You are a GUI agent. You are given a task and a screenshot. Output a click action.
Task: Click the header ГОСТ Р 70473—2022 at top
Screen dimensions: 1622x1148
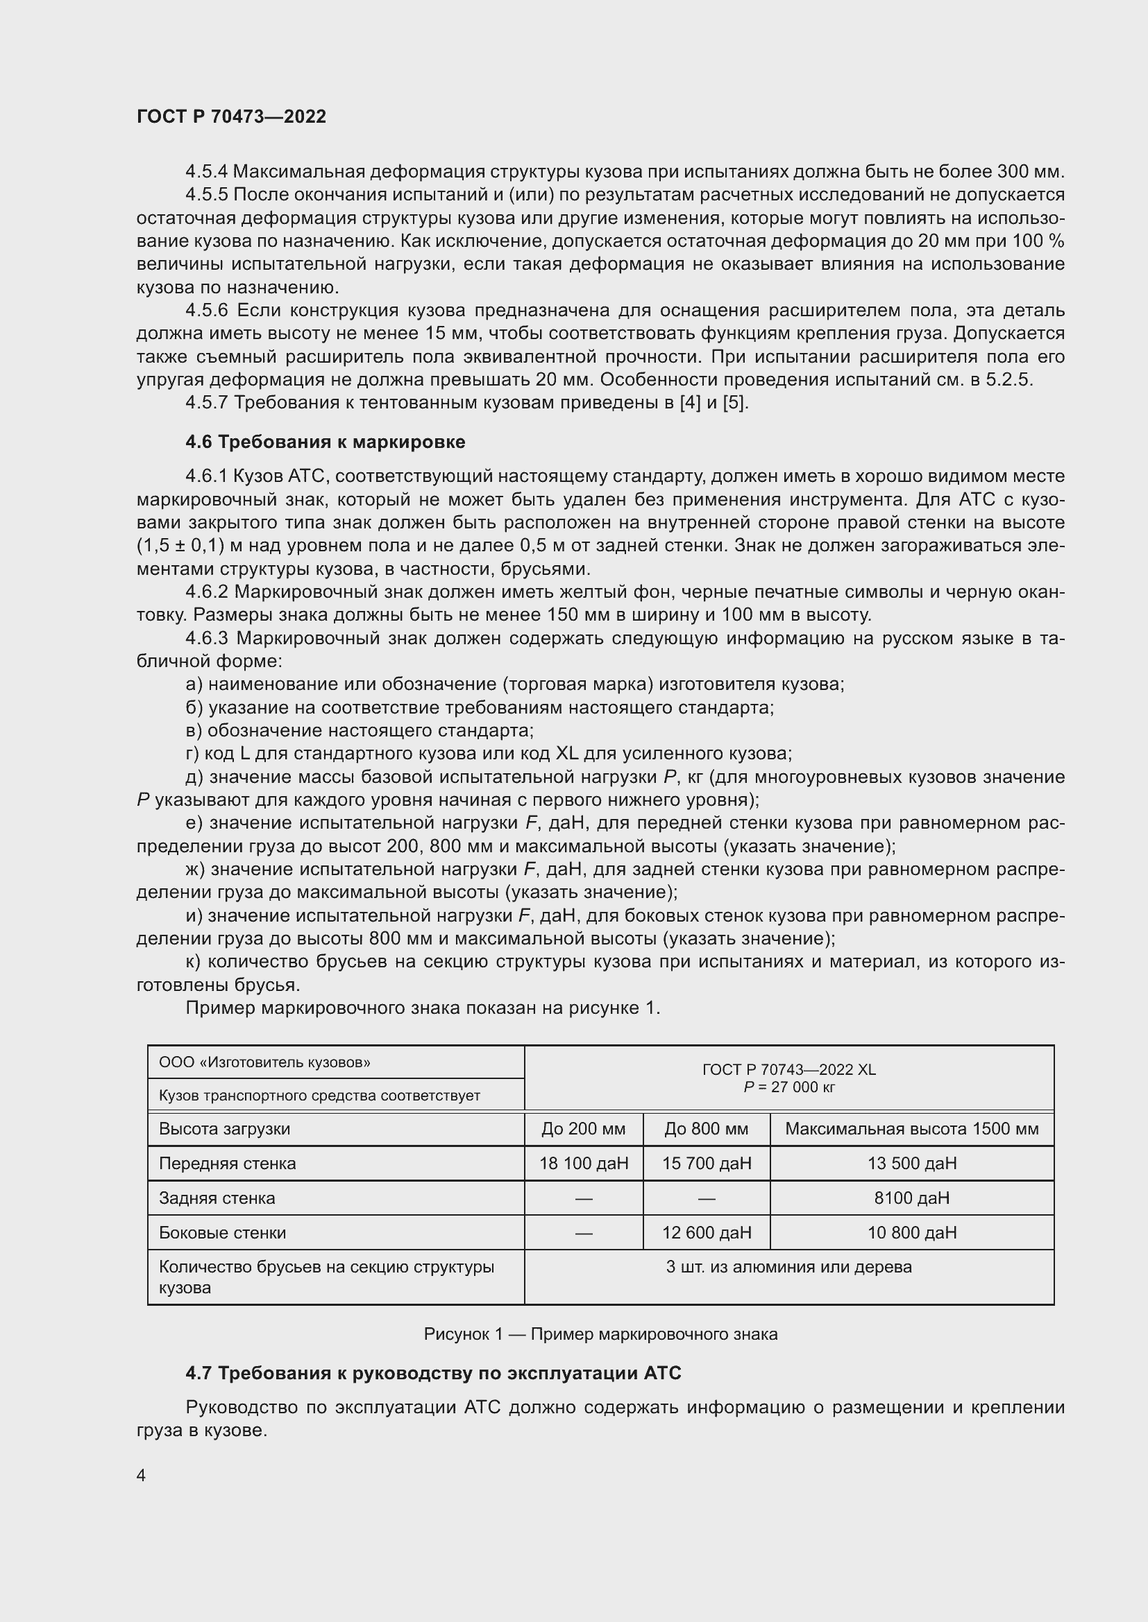231,117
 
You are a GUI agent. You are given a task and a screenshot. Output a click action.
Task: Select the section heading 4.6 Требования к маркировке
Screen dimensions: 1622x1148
325,442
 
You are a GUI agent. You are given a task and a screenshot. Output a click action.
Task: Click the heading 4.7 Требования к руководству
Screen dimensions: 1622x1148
433,1372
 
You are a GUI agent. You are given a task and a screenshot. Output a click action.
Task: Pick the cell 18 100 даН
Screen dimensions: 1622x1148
583,1163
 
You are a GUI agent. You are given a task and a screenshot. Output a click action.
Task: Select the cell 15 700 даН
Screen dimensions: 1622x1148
706,1163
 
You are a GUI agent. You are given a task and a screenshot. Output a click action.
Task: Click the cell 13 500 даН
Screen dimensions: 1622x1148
911,1163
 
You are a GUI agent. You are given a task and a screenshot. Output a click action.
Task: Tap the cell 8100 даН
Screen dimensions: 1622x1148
911,1198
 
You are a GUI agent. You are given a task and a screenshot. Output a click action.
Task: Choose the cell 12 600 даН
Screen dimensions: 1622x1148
706,1232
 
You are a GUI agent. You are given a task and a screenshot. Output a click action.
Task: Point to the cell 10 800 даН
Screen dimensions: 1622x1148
911,1232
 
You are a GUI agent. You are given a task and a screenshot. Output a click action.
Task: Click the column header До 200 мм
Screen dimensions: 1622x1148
583,1128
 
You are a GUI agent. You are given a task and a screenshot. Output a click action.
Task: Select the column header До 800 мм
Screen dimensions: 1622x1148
706,1128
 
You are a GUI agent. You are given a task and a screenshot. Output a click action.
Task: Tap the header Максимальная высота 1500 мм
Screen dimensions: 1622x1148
911,1128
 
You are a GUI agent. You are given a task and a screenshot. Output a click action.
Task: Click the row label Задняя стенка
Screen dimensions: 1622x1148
217,1198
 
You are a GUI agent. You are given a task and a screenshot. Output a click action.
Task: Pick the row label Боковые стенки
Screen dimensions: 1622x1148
222,1232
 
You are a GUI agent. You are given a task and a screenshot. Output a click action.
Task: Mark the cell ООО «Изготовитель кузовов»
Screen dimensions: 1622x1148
264,1062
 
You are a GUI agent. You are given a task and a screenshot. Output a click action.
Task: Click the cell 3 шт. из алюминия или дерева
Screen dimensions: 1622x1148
788,1267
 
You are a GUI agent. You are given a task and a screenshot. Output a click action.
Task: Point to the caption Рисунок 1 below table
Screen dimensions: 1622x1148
600,1334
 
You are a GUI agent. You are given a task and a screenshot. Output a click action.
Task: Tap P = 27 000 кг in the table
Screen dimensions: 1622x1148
788,1087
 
